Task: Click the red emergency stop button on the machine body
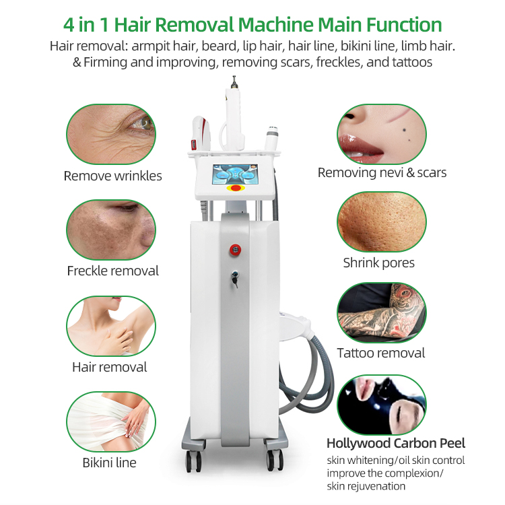click(x=235, y=250)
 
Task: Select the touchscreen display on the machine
click(x=235, y=174)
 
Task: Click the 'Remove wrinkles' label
click(x=112, y=176)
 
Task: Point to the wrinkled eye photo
click(x=111, y=134)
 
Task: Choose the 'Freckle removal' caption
click(x=112, y=271)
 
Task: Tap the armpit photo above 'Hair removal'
click(x=111, y=326)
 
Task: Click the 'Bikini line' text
click(x=110, y=463)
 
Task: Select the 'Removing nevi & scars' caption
click(x=382, y=172)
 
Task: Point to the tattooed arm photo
click(x=382, y=312)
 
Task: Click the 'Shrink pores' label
click(x=378, y=263)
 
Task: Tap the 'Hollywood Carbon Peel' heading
click(x=396, y=444)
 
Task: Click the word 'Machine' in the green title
click(x=275, y=25)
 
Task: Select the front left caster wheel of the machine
click(x=193, y=461)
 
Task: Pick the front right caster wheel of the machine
click(x=275, y=460)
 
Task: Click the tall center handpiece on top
click(x=234, y=116)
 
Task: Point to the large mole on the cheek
click(x=403, y=130)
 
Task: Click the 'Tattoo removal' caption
click(x=381, y=353)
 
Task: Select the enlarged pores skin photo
click(x=382, y=222)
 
